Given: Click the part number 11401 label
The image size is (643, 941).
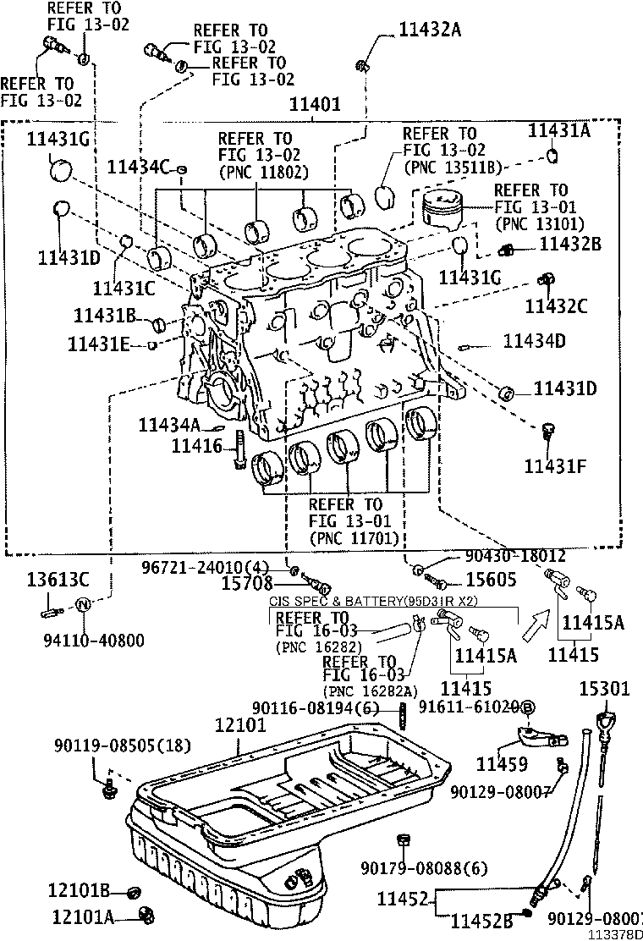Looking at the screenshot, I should tap(315, 104).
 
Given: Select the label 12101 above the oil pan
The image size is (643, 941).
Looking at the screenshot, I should tap(239, 724).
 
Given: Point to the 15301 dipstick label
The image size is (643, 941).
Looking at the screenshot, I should tap(605, 689).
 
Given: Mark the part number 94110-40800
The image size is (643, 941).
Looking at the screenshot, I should tap(83, 640).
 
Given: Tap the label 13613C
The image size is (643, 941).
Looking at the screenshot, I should tap(57, 580).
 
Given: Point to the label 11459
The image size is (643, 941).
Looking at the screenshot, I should tap(502, 764).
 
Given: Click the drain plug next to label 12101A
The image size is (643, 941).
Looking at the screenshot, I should tap(148, 914).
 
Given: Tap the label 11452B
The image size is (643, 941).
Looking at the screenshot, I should tap(482, 921).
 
